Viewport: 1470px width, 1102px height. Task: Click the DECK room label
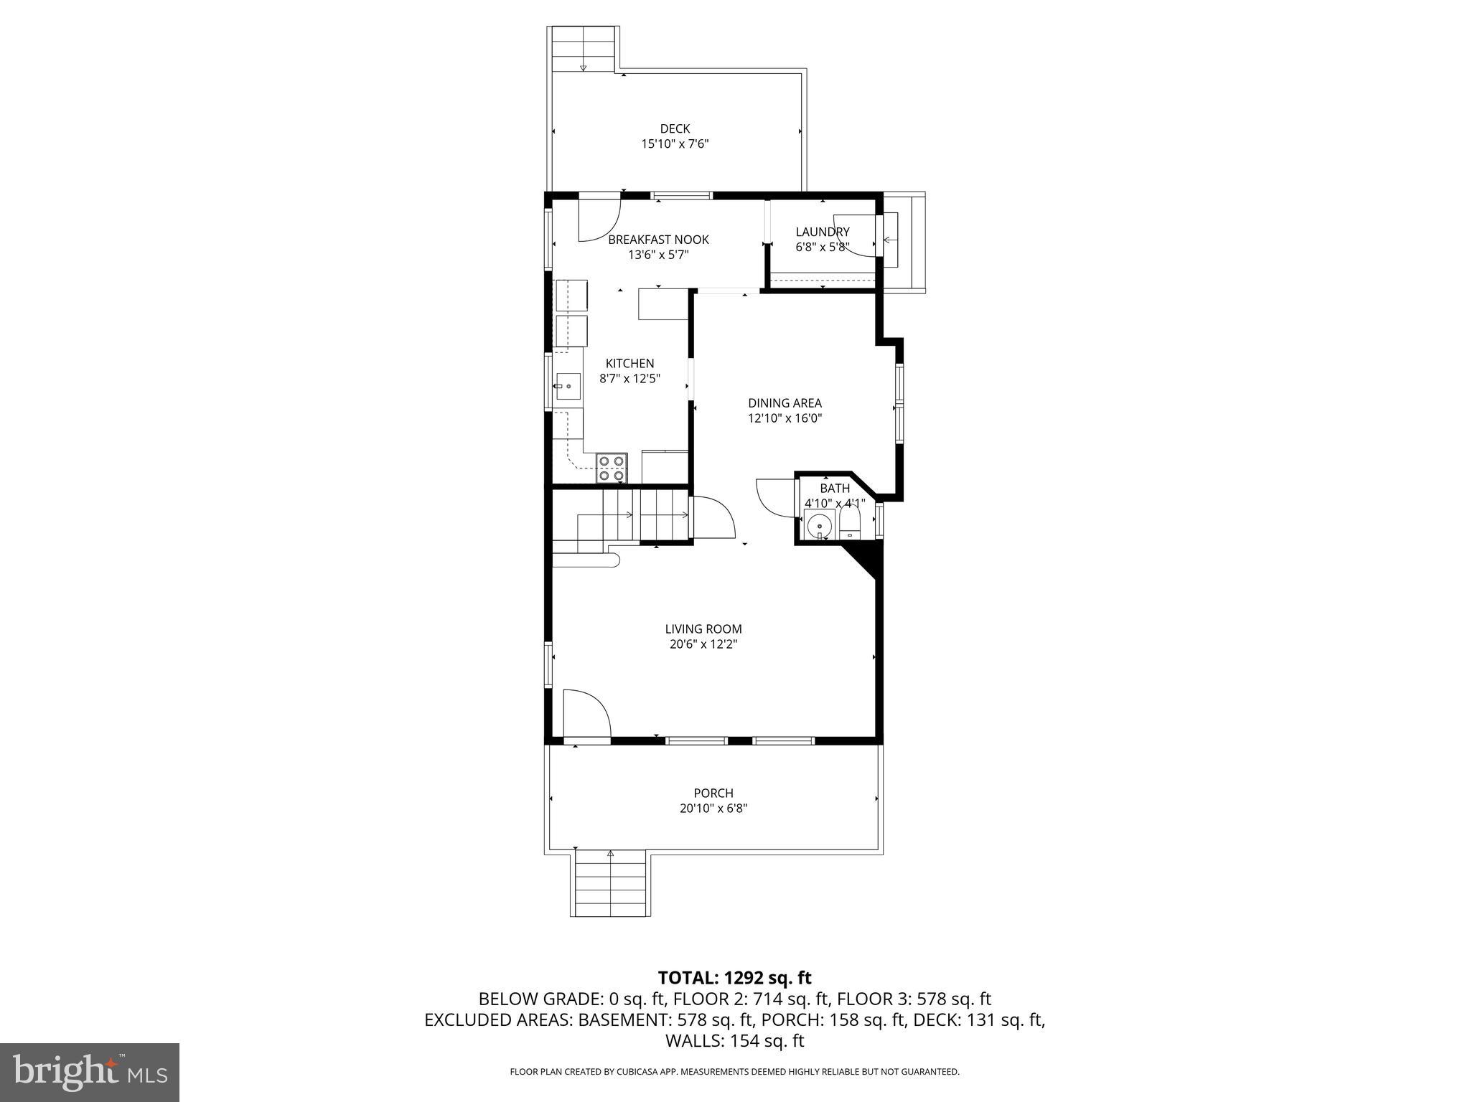[675, 128]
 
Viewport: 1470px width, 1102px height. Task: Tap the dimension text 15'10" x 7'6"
[675, 144]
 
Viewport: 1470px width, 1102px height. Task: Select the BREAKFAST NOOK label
[658, 240]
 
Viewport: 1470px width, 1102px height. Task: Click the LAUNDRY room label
[823, 232]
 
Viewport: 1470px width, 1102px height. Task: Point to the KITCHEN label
[629, 364]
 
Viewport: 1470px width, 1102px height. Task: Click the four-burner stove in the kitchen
[612, 468]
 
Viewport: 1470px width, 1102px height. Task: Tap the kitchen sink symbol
[568, 387]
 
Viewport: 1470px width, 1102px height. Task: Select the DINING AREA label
[785, 403]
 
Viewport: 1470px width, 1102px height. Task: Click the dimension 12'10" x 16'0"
[785, 419]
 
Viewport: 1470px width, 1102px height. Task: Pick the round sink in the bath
[819, 526]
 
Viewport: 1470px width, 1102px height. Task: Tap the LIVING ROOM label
[703, 629]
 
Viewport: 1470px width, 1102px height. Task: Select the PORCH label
[713, 793]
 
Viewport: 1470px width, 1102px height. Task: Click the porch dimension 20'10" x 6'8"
[713, 809]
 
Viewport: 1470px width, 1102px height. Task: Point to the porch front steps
[611, 883]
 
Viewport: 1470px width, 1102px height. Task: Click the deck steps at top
[584, 49]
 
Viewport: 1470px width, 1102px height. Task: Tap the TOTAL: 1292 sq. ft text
[734, 978]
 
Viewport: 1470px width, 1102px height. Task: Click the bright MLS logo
[89, 1072]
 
